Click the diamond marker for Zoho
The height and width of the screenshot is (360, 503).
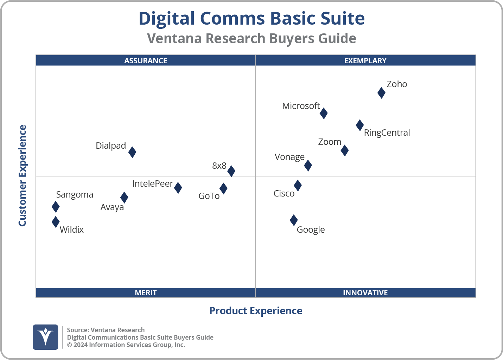coord(381,93)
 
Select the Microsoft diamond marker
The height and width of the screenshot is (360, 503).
coord(324,113)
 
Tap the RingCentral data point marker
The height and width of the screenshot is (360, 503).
coord(359,125)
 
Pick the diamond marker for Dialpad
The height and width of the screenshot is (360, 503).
coord(132,152)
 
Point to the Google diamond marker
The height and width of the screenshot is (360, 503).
coord(294,220)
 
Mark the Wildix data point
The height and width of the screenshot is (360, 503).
coord(56,222)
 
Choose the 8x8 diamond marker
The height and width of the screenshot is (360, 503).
coord(231,171)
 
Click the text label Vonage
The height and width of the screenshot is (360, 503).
coord(289,157)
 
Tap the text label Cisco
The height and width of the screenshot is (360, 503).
coord(284,194)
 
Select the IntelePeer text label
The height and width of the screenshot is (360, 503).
coord(153,184)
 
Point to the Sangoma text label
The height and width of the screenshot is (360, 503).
coord(75,194)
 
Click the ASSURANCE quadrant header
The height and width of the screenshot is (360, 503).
coord(146,60)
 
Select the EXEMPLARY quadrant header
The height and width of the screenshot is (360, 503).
coord(365,60)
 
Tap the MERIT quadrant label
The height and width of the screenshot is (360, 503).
coord(146,292)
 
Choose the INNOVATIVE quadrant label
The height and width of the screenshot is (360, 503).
coord(365,292)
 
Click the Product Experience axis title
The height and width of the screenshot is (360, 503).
coord(256,311)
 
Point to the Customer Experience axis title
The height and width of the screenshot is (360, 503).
coord(23,176)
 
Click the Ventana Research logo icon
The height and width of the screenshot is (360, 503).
coord(45,337)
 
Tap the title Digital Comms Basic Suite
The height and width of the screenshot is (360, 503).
coord(251,18)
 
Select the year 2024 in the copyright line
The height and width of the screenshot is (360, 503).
coord(80,345)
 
